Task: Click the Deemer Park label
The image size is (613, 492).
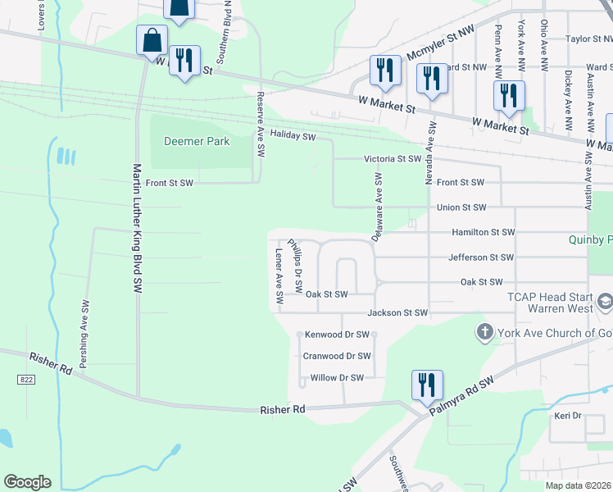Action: (197, 141)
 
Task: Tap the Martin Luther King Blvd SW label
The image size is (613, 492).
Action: (137, 230)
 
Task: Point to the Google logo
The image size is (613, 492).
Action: (27, 482)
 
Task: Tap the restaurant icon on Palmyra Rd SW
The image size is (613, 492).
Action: (427, 385)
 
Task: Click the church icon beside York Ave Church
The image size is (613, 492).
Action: (484, 333)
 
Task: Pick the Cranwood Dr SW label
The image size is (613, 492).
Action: (337, 356)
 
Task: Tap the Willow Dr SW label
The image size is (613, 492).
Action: (337, 377)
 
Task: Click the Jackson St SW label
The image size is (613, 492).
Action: (398, 312)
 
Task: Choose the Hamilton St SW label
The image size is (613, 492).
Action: (484, 233)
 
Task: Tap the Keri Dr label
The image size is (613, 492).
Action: (567, 416)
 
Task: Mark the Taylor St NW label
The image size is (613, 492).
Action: (589, 39)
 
